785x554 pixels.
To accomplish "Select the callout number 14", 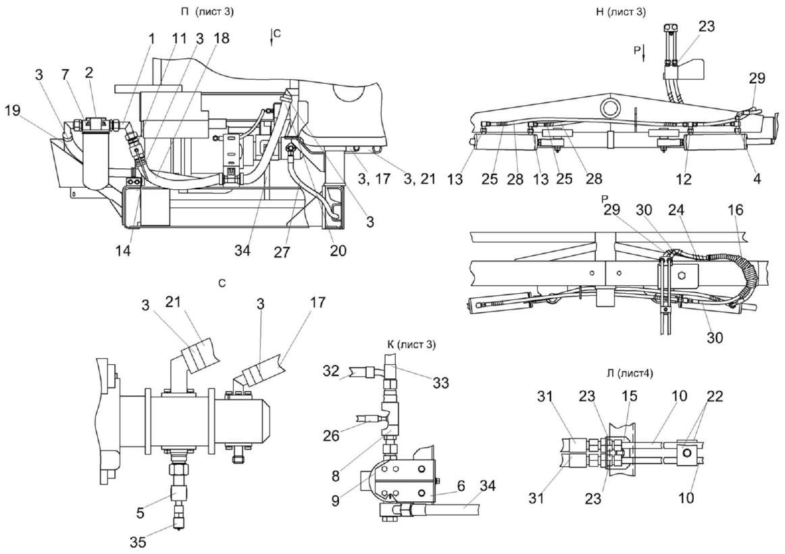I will [x=123, y=249].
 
